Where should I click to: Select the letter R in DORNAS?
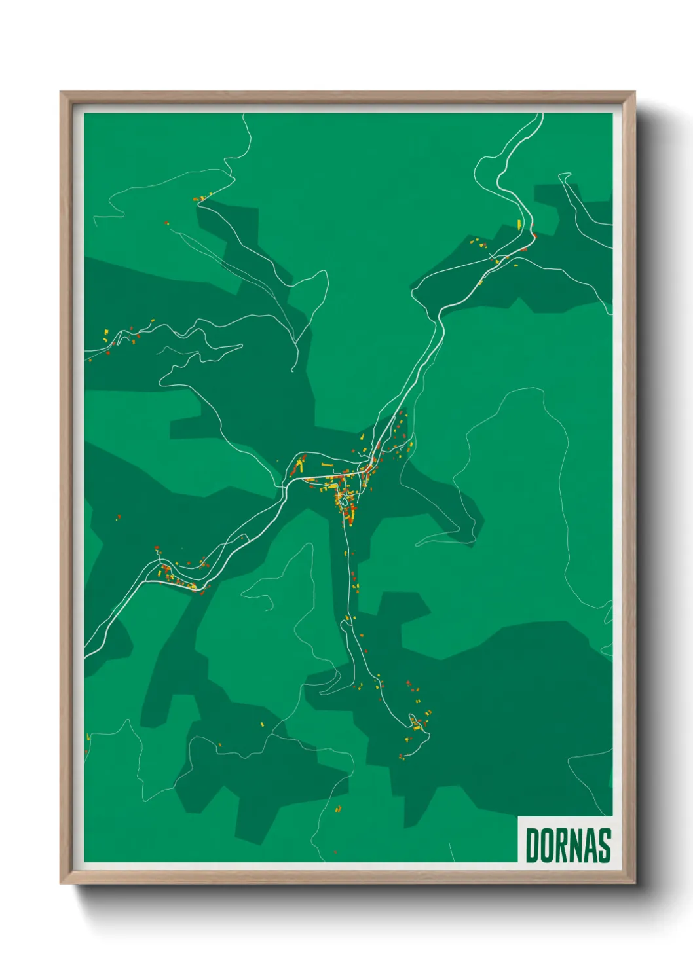pyautogui.click(x=561, y=845)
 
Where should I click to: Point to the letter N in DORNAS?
pyautogui.click(x=575, y=845)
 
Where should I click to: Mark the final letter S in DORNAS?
pyautogui.click(x=603, y=845)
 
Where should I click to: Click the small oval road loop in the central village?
pyautogui.click(x=345, y=501)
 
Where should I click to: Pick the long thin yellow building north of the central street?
pyautogui.click(x=327, y=466)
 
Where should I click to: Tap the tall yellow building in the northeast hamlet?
pyautogui.click(x=519, y=225)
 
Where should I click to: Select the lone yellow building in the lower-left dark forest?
pyautogui.click(x=263, y=724)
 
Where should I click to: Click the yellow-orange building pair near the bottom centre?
pyautogui.click(x=339, y=809)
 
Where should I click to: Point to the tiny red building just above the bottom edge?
pyautogui.click(x=335, y=852)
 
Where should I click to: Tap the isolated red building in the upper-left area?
pyautogui.click(x=166, y=223)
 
